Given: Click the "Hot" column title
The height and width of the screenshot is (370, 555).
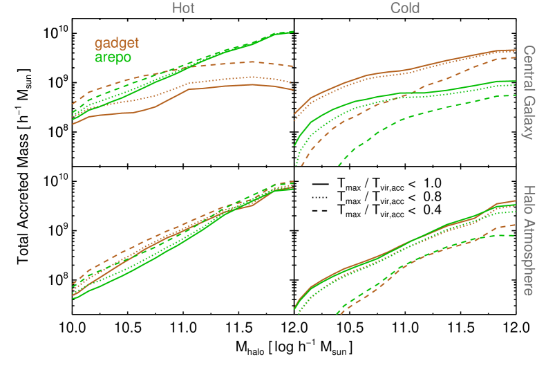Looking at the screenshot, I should [183, 8].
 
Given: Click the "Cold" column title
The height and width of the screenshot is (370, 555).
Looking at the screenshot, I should [405, 8].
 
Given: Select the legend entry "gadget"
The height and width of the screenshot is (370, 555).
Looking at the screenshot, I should [117, 44].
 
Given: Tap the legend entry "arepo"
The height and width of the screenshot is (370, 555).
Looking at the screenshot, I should [113, 57].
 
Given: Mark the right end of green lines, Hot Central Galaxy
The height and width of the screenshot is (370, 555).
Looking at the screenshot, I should [292, 32].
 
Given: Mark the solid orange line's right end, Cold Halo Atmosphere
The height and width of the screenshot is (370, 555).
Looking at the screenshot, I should [515, 201].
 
